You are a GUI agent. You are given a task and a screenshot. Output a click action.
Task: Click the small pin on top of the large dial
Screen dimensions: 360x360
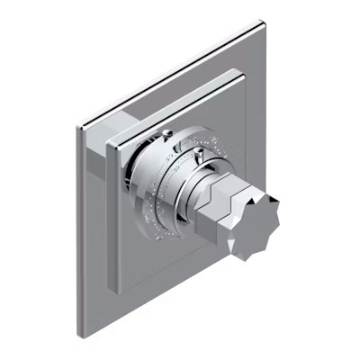coord(168,133)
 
